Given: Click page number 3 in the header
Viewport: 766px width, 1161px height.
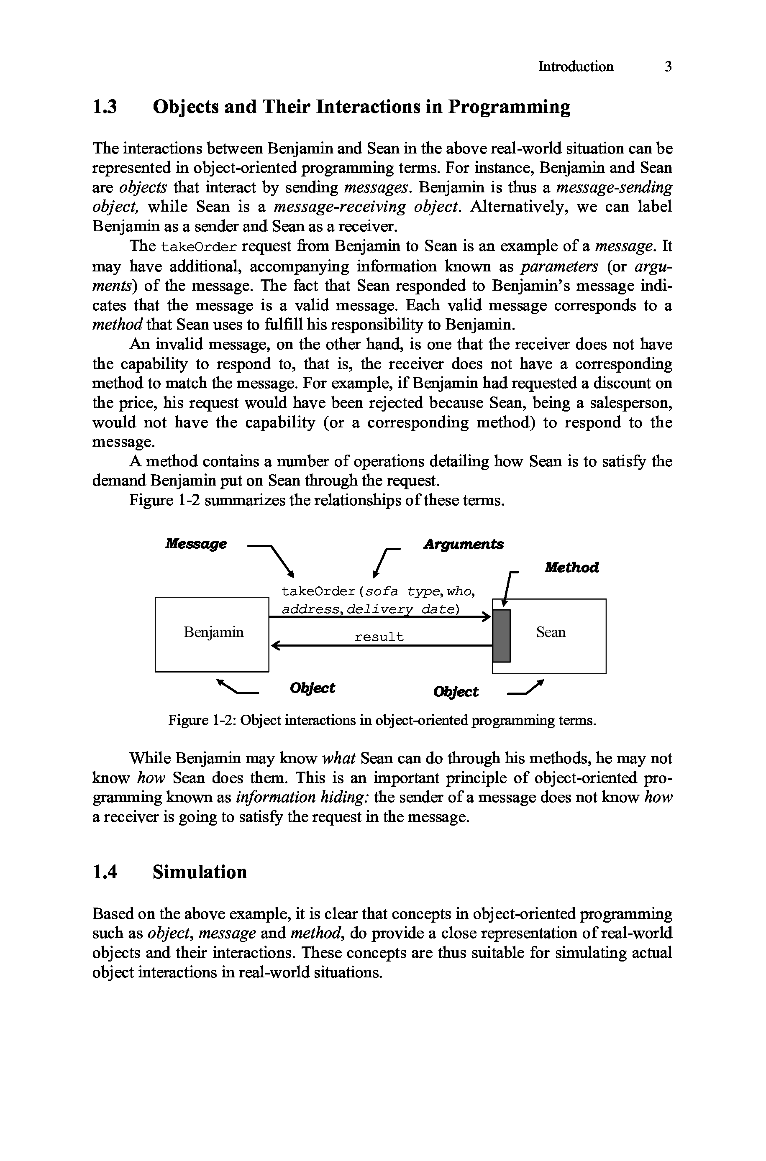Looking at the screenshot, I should [668, 66].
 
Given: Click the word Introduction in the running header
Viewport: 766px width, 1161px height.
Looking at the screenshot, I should [576, 66].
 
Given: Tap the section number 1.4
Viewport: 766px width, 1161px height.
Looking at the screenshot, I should [105, 872].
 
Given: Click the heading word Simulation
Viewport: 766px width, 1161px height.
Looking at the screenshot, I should [200, 872].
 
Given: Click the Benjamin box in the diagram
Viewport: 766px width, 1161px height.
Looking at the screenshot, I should [212, 634].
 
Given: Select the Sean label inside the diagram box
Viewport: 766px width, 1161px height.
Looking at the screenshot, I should [551, 632].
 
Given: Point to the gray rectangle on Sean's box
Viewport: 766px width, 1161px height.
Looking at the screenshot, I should [502, 635].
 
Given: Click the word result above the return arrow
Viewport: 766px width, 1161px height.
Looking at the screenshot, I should [379, 637].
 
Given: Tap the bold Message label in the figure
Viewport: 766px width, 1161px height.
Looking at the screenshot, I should [196, 543].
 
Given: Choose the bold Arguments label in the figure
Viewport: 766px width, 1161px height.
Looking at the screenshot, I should [463, 544].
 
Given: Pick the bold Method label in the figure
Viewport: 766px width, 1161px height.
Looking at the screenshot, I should [571, 567].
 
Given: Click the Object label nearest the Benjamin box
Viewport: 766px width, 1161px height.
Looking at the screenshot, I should [312, 688].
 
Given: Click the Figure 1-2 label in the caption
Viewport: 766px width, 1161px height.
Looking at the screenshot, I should [202, 720].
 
